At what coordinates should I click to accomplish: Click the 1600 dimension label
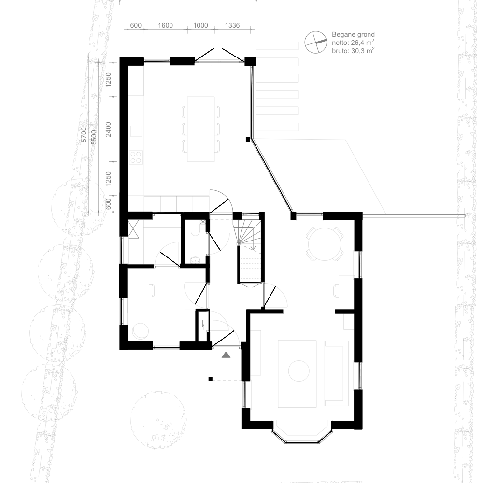165,25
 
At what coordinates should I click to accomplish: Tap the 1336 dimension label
232,25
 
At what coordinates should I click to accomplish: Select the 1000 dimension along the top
200,25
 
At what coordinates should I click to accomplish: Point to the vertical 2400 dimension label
108,129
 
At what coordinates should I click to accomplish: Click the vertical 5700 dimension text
84,135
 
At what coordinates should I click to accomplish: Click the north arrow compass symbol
316,42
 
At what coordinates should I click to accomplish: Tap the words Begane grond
354,34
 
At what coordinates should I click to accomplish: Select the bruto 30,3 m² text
354,51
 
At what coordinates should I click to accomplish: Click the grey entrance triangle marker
226,355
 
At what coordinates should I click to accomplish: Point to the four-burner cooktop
136,157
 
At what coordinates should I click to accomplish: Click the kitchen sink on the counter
136,131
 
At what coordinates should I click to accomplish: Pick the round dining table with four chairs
325,244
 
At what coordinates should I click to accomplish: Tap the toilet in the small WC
195,230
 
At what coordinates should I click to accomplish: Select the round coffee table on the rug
298,371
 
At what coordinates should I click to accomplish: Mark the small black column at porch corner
211,379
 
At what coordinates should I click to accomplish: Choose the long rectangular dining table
201,129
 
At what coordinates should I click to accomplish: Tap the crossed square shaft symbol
133,229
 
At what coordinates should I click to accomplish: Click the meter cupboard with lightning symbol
203,326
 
